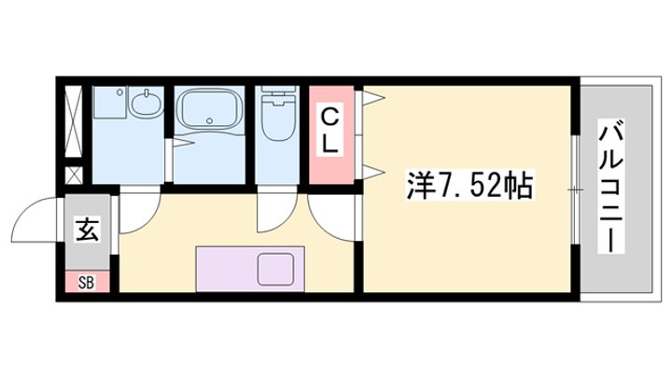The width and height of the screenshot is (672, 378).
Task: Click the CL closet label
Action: [331, 132]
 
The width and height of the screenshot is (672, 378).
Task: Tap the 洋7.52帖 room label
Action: [469, 185]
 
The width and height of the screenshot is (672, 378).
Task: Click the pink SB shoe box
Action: [86, 280]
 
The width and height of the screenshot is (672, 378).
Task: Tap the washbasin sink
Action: [145, 104]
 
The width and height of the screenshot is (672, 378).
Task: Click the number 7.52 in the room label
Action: [476, 185]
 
